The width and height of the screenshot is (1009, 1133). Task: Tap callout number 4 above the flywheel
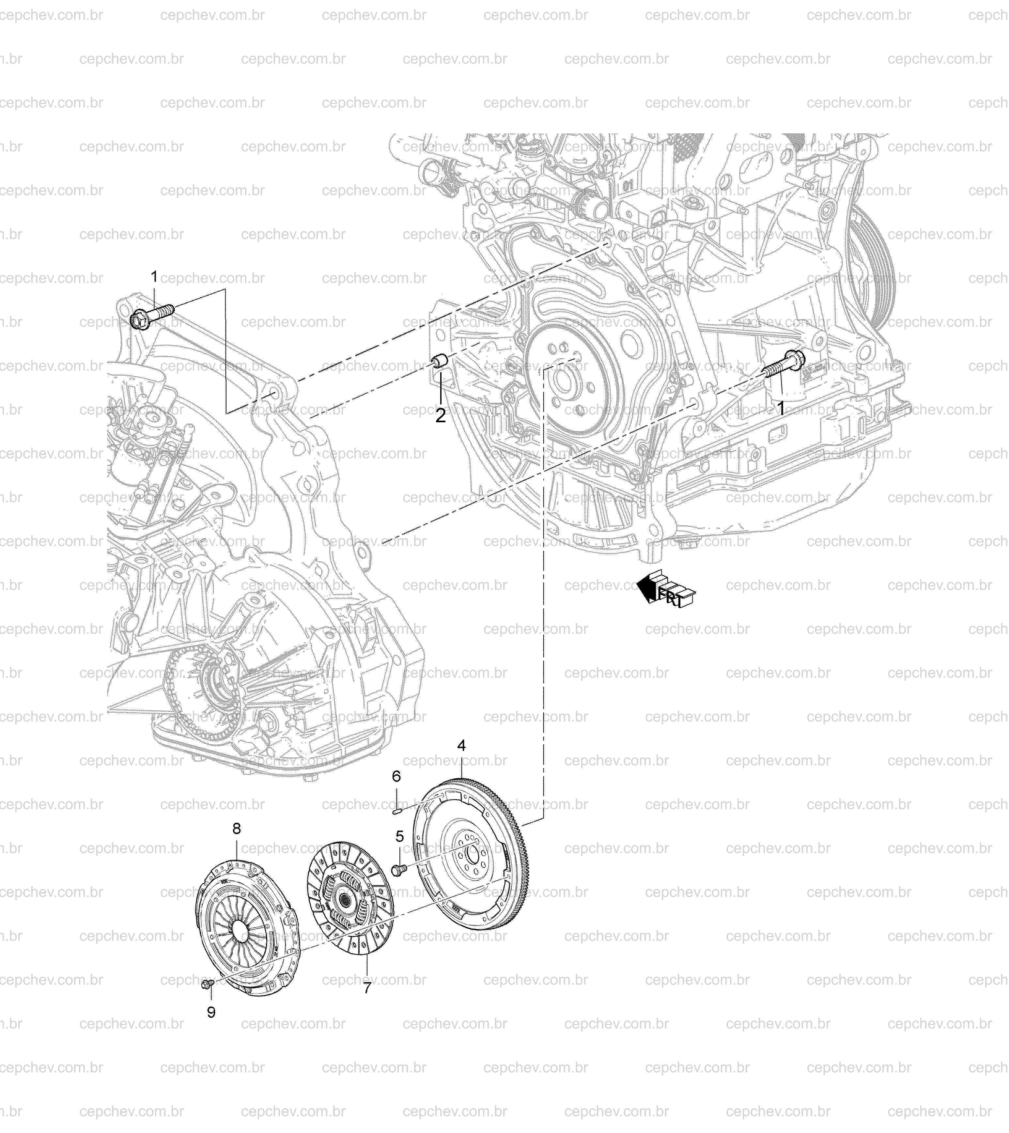(x=461, y=746)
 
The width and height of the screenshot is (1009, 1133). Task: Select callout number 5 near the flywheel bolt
(x=399, y=836)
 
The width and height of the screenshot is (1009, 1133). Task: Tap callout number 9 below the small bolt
(x=211, y=1013)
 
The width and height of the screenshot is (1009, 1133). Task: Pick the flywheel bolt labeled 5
(x=399, y=869)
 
